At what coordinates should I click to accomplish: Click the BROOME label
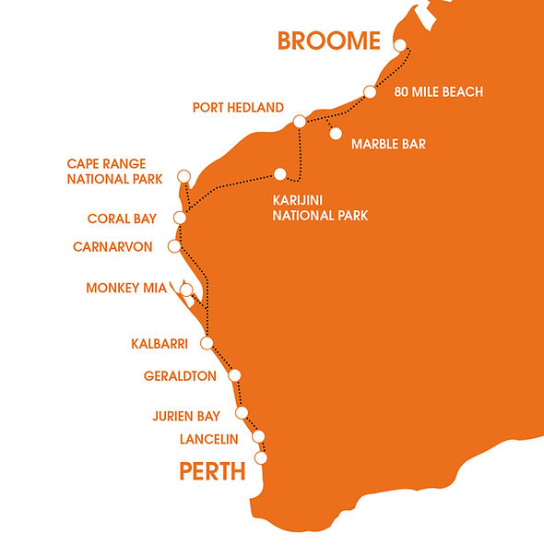click(328, 41)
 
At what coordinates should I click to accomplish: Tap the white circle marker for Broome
click(399, 45)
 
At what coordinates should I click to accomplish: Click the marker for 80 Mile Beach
click(370, 91)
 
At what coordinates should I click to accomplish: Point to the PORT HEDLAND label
click(238, 108)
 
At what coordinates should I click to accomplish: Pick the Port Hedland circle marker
click(299, 122)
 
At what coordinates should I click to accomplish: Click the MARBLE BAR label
click(388, 144)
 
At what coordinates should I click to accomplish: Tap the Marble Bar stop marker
click(336, 134)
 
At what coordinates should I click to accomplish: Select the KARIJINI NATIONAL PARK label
click(320, 208)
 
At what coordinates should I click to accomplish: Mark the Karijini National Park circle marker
click(279, 173)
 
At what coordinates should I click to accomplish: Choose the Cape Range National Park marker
click(183, 175)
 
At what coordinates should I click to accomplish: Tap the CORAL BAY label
click(122, 219)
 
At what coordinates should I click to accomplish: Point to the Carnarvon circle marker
click(173, 246)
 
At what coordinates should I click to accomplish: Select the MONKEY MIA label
click(126, 288)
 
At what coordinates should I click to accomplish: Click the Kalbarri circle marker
click(207, 343)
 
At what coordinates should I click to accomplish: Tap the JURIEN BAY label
click(186, 416)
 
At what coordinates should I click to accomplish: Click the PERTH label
click(212, 472)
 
